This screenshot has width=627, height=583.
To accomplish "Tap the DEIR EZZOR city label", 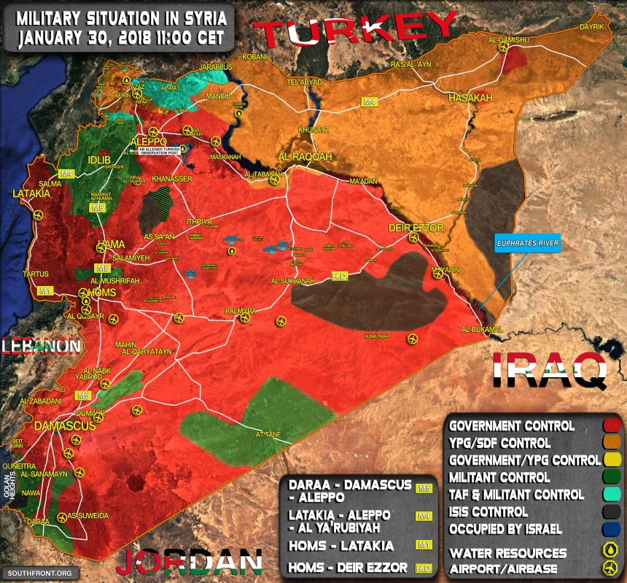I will tap(416, 228).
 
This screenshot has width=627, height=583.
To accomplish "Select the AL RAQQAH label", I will tap(305, 157).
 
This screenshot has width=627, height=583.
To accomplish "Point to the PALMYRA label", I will tap(241, 312).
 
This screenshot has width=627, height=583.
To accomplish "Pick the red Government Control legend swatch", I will tap(612, 425).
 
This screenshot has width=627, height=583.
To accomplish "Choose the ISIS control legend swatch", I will tap(612, 511).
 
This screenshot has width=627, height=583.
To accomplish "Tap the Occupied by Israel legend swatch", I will tap(612, 529).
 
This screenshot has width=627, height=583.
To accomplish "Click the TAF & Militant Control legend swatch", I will tap(612, 494).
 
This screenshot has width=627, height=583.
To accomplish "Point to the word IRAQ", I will tap(550, 371).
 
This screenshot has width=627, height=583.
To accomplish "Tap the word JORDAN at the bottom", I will tap(189, 562).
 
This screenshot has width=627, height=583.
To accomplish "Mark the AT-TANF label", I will tap(268, 435).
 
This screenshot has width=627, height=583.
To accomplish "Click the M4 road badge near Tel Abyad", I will tap(370, 102).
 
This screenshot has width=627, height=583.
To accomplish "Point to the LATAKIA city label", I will tap(31, 194).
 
